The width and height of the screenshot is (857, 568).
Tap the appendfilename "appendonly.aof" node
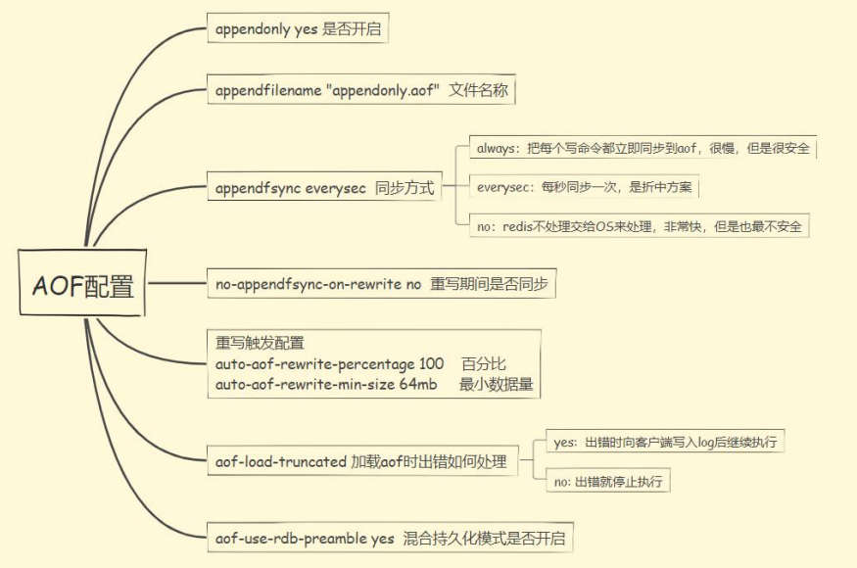coord(361,91)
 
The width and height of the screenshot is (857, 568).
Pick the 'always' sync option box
coord(643,148)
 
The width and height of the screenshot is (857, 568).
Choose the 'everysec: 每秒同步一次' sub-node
coord(585,187)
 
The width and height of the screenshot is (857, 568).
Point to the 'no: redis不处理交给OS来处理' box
coord(640,226)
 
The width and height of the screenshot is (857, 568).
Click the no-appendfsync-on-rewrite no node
coord(381,285)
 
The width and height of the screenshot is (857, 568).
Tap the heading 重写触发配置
coord(260,343)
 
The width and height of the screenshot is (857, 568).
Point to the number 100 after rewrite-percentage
coord(430,363)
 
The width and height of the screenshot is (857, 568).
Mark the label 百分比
coord(484,363)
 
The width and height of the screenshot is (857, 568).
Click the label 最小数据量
coord(497,384)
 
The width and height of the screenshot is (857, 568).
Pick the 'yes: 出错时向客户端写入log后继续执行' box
coord(666,442)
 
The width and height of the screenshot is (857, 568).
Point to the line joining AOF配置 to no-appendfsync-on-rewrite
coord(176,285)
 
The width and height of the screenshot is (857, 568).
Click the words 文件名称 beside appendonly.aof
coord(479,91)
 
